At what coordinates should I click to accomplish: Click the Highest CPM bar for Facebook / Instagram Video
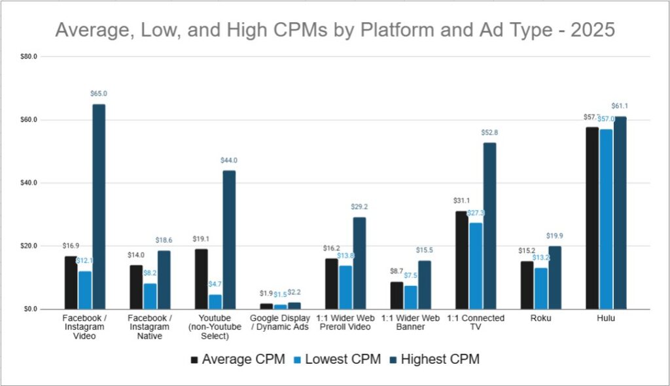(99, 206)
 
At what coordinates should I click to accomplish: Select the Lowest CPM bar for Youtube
(215, 302)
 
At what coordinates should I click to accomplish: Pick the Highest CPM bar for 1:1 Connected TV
(489, 226)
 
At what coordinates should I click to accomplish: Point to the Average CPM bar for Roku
(527, 285)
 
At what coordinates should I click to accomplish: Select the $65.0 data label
(99, 94)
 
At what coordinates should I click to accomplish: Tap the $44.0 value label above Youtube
(229, 160)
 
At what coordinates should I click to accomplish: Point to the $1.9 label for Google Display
(266, 294)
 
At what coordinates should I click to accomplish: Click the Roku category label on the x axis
(541, 319)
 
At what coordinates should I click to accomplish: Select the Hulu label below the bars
(606, 319)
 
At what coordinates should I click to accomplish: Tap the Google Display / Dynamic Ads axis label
(280, 323)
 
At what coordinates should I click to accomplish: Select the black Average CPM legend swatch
(195, 359)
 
